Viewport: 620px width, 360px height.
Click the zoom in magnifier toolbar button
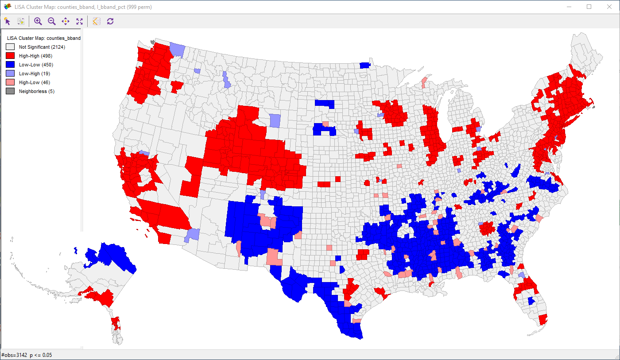tap(38, 21)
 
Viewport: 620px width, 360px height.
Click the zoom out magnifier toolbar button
tap(52, 21)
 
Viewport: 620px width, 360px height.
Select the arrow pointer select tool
tap(7, 21)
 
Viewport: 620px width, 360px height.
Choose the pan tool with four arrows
tap(66, 21)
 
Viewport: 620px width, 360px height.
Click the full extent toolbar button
tap(79, 21)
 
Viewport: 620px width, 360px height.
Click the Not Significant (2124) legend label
tap(42, 47)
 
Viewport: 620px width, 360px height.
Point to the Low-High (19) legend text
tap(35, 74)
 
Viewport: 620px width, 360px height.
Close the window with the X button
tap(609, 7)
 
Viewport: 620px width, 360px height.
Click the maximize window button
tap(589, 7)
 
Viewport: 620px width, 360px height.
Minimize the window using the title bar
tap(569, 7)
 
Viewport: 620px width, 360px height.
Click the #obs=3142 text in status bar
tap(14, 355)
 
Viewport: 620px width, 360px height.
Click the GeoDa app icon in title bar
tap(7, 7)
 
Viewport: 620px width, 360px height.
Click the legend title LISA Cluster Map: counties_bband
tap(43, 38)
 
